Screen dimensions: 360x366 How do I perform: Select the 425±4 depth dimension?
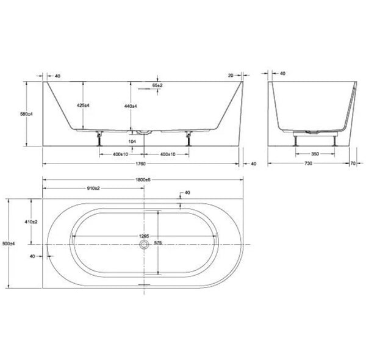84,106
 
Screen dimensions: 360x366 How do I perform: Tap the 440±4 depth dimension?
130,106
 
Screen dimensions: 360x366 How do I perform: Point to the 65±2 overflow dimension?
157,86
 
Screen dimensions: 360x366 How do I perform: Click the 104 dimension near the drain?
132,140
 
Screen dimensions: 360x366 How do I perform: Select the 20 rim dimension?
230,75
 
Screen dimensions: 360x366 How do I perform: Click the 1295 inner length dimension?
144,236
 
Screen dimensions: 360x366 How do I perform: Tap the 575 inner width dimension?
159,243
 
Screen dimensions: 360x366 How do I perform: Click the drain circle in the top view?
144,244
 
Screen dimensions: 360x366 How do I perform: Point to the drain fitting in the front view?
144,131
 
